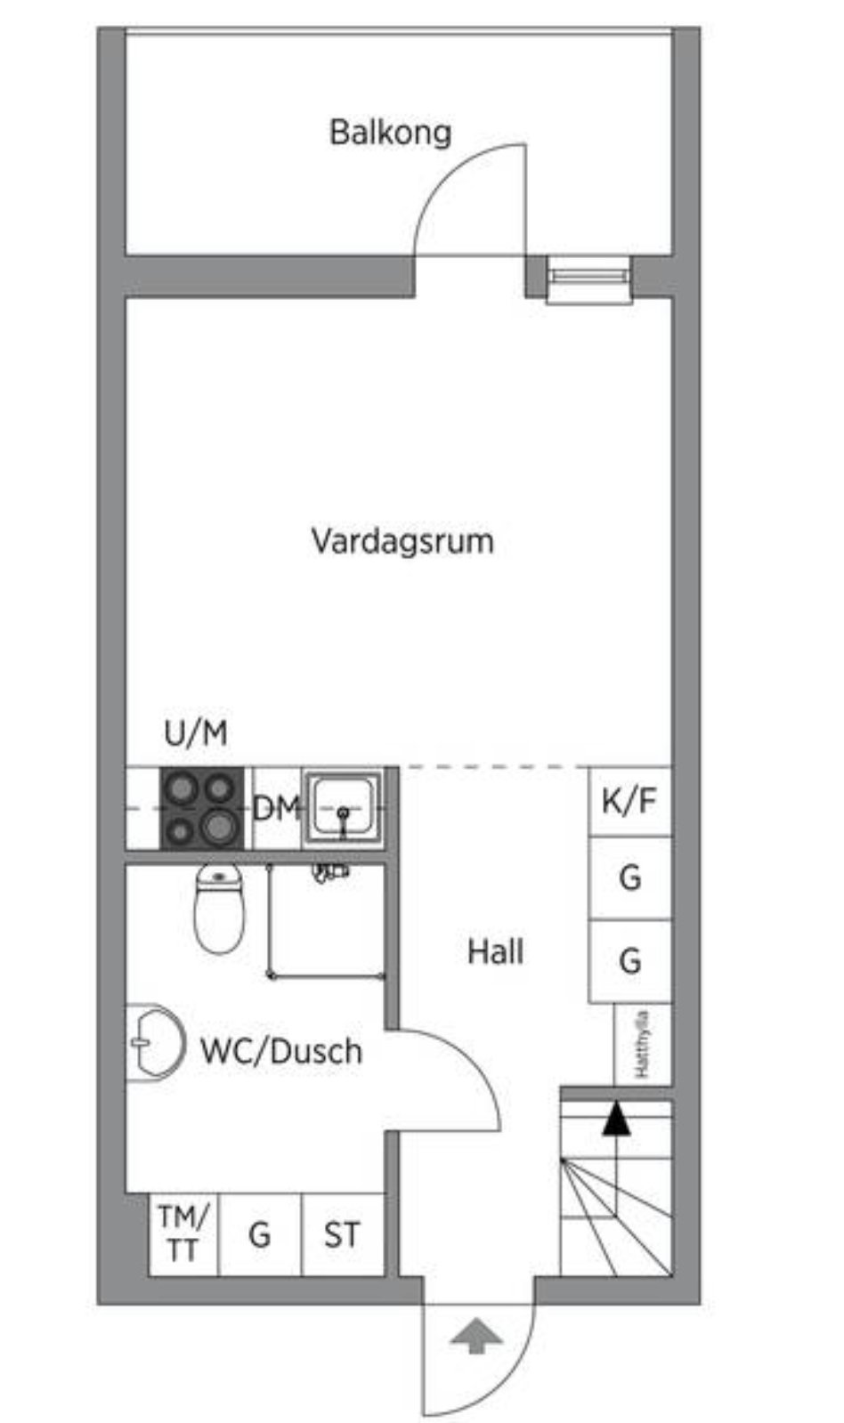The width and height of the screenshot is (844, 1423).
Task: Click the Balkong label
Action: click(390, 133)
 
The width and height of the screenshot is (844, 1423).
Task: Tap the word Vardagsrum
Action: click(402, 541)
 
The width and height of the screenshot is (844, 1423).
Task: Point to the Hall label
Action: click(495, 952)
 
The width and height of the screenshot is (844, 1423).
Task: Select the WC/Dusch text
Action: click(281, 1051)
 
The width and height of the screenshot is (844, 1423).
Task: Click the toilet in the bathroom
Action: click(219, 909)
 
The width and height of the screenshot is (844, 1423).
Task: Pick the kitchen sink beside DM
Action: click(343, 808)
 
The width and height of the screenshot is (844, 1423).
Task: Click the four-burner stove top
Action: click(201, 808)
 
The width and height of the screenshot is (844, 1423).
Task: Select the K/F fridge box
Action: click(629, 801)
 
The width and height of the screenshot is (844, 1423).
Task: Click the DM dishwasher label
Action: click(276, 808)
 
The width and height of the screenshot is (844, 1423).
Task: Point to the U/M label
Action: click(195, 733)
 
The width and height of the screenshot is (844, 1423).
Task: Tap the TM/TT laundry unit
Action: click(183, 1233)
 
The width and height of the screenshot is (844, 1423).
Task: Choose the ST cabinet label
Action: click(342, 1235)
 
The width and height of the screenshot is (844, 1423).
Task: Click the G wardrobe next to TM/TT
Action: click(260, 1233)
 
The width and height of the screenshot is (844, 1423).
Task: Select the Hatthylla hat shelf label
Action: click(642, 1045)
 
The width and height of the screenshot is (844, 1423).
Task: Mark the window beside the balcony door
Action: click(589, 278)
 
